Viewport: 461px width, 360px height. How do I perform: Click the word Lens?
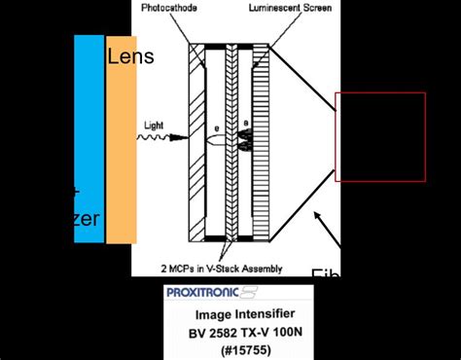coord(130,55)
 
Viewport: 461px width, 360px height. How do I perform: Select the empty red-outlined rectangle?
coord(380,136)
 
